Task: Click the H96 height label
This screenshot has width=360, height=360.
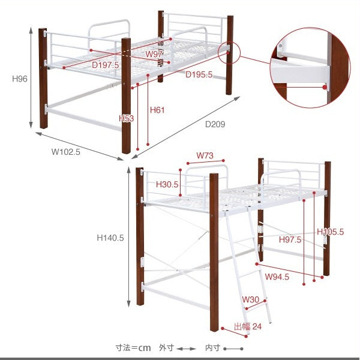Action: (20, 79)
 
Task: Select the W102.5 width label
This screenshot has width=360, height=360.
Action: (66, 152)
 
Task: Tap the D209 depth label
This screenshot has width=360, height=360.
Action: (215, 124)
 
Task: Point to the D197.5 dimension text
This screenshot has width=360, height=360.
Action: (106, 65)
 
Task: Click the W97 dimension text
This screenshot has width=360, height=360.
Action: (154, 54)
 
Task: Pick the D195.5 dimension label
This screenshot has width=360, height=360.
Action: (199, 74)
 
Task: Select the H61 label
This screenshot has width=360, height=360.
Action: (157, 110)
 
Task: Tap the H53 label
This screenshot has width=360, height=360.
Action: (126, 118)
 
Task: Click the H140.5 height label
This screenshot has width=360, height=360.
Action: (110, 238)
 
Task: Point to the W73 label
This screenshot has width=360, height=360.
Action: (205, 155)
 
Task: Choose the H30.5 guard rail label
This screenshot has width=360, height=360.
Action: (167, 184)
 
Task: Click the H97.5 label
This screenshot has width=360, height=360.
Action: (290, 239)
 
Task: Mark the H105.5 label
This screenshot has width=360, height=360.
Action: (331, 232)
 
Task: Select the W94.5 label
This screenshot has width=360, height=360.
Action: (277, 277)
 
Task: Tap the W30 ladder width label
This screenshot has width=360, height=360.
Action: (250, 299)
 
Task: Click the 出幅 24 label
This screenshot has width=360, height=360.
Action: (248, 326)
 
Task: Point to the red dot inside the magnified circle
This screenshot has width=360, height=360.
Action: (325, 87)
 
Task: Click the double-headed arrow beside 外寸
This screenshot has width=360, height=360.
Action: (186, 349)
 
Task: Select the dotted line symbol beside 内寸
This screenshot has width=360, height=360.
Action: (233, 349)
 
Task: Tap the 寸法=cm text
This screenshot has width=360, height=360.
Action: (133, 348)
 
